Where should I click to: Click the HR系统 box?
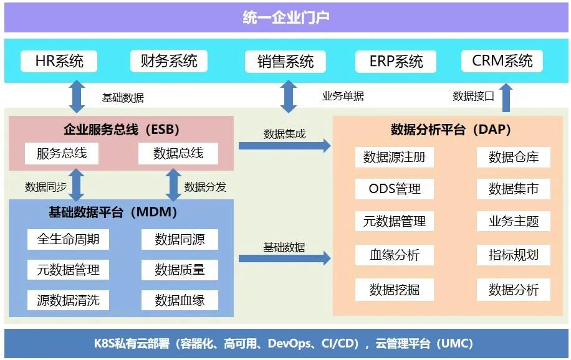coord(59,61)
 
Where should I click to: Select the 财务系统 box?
coord(169,61)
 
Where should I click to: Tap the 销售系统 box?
coord(285,62)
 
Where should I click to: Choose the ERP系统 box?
coord(396,62)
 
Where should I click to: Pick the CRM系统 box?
coord(502,61)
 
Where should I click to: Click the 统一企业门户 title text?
coord(285,17)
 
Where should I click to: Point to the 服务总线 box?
coord(62,153)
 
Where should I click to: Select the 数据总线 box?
coord(178,153)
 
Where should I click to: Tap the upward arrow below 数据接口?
coord(506,98)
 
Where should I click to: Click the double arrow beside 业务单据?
coord(288,97)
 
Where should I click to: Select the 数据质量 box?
coord(180,270)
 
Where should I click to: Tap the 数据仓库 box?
coord(514,157)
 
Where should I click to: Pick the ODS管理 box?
coord(395,189)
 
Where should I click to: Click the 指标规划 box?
coord(514,254)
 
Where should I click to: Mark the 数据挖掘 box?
coord(395,289)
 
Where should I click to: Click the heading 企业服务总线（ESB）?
coord(122,130)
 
